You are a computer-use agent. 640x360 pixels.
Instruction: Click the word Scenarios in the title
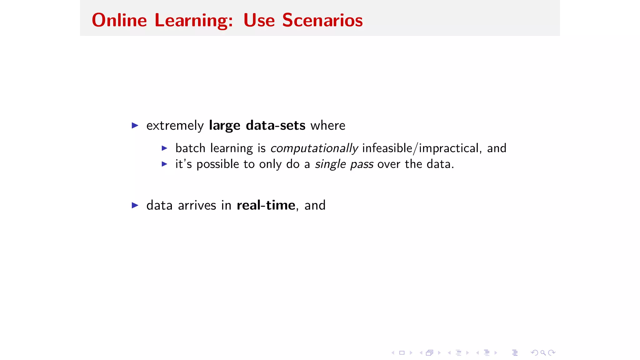(322, 20)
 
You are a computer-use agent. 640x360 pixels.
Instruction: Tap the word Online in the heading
(119, 20)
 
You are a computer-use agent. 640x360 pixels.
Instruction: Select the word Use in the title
(259, 20)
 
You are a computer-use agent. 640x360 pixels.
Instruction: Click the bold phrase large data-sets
(257, 126)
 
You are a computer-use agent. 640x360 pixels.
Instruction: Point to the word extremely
(175, 126)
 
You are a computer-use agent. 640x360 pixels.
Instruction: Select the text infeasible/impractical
(420, 148)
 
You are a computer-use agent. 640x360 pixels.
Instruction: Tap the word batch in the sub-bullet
(190, 148)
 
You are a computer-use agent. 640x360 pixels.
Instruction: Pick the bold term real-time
(266, 205)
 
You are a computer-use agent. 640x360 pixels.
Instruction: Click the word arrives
(197, 205)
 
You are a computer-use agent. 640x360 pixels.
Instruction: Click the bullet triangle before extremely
(135, 126)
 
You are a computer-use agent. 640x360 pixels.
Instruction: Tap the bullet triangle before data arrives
(135, 205)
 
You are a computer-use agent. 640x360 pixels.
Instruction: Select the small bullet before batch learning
(164, 148)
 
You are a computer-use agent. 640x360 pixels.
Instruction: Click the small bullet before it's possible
(164, 164)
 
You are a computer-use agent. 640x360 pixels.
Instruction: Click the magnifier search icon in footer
(543, 353)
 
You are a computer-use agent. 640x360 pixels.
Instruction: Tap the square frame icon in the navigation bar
(402, 353)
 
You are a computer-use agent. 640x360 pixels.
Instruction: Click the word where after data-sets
(328, 126)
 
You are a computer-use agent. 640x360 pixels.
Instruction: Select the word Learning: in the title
(194, 20)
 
